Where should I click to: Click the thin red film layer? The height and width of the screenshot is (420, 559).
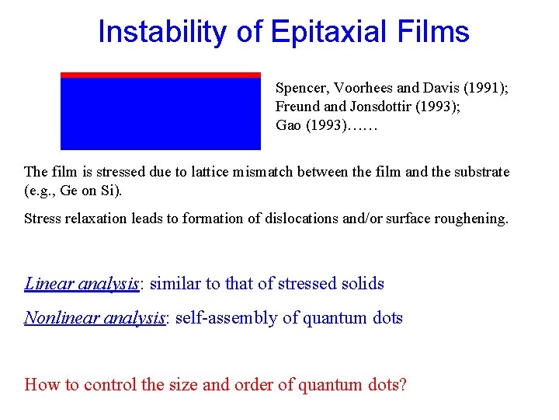pos(161,75)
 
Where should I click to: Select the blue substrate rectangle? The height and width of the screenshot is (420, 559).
pos(161,114)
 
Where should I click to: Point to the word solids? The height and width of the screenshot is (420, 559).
pos(363,283)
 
